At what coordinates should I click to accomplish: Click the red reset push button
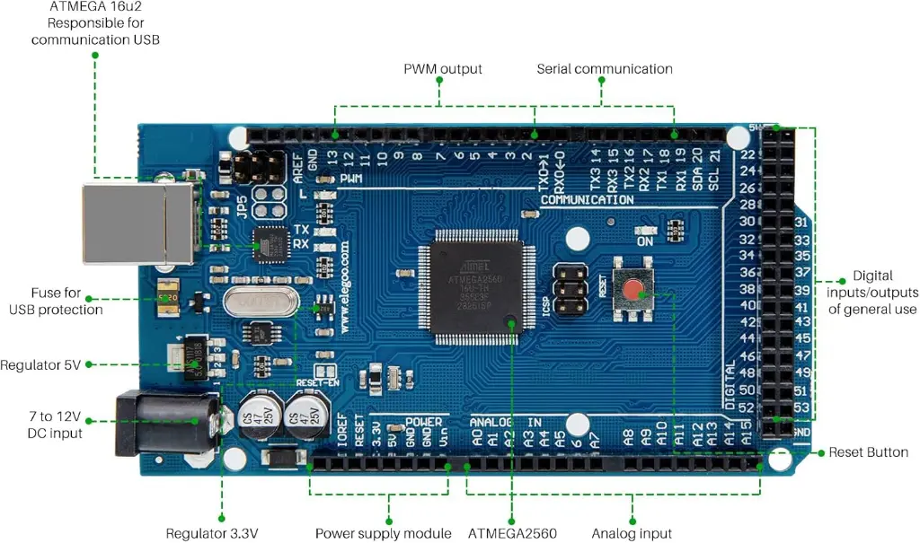pos(634,291)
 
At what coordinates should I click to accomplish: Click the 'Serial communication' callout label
pos(604,69)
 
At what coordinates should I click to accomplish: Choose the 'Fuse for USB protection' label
pos(56,301)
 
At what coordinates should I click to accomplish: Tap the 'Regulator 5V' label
pos(40,365)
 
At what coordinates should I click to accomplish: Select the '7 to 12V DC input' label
pos(55,425)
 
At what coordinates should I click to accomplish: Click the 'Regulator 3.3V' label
pos(213,533)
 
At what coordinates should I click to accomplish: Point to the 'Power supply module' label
pos(383,533)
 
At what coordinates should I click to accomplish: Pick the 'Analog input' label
pos(631,533)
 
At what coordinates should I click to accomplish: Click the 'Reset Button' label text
pos(868,452)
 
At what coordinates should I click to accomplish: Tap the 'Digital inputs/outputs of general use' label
pos(872,293)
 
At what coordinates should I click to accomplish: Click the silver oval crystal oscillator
pos(261,302)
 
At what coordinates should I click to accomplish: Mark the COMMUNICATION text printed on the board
pos(587,199)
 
